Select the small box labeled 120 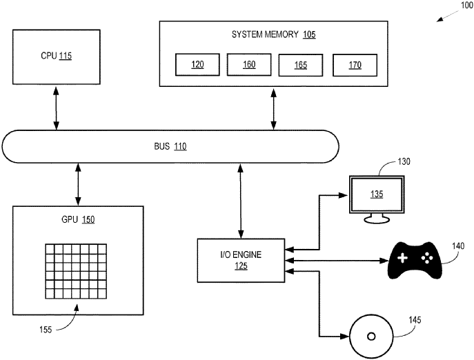click(x=198, y=65)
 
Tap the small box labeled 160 click(x=248, y=65)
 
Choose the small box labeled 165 click(x=302, y=65)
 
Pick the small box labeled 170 click(x=355, y=65)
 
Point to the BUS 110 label click(x=170, y=146)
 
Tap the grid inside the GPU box click(x=76, y=271)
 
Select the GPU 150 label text click(x=78, y=220)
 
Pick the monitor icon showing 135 click(x=376, y=196)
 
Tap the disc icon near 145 click(x=371, y=336)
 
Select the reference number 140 click(x=458, y=246)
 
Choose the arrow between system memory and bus click(x=274, y=108)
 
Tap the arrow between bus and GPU click(x=78, y=184)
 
